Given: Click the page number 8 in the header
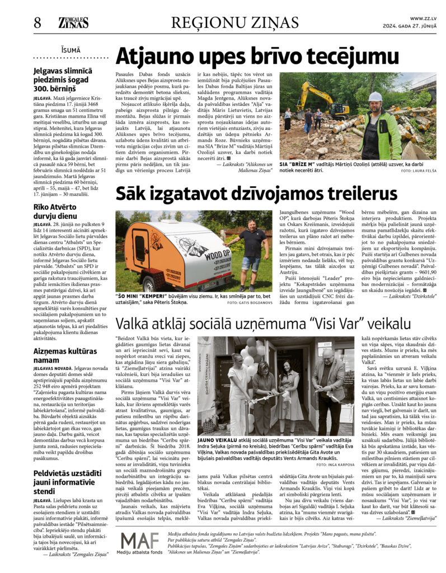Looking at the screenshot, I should (37, 23).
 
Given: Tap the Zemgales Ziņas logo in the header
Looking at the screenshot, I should (73, 22).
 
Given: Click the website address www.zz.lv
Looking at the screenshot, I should (423, 18).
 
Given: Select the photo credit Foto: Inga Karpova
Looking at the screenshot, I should (336, 464).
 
